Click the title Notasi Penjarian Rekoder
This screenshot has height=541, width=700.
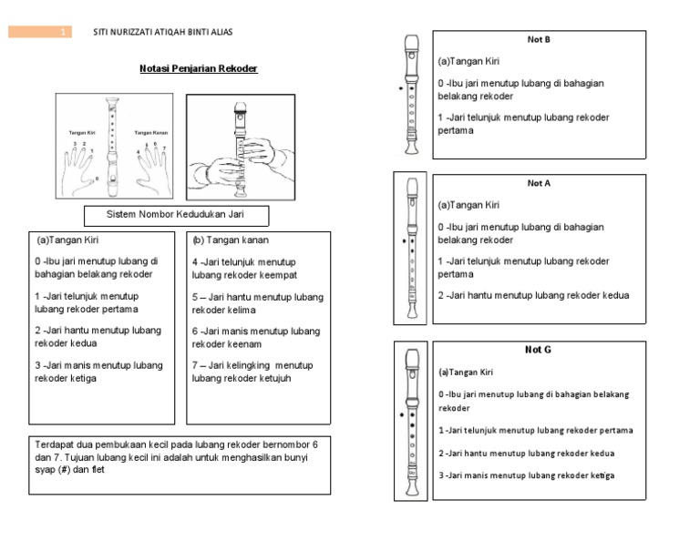click(198, 68)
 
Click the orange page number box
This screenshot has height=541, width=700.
click(40, 33)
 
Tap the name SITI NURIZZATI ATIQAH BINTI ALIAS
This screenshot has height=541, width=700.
click(163, 33)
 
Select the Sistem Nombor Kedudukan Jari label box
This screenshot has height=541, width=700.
click(177, 216)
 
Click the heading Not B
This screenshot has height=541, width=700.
click(539, 40)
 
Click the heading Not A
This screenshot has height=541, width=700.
click(539, 183)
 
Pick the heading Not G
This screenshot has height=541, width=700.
click(538, 350)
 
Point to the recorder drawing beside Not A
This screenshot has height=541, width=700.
click(412, 248)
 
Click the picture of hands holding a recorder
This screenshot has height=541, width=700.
click(240, 147)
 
